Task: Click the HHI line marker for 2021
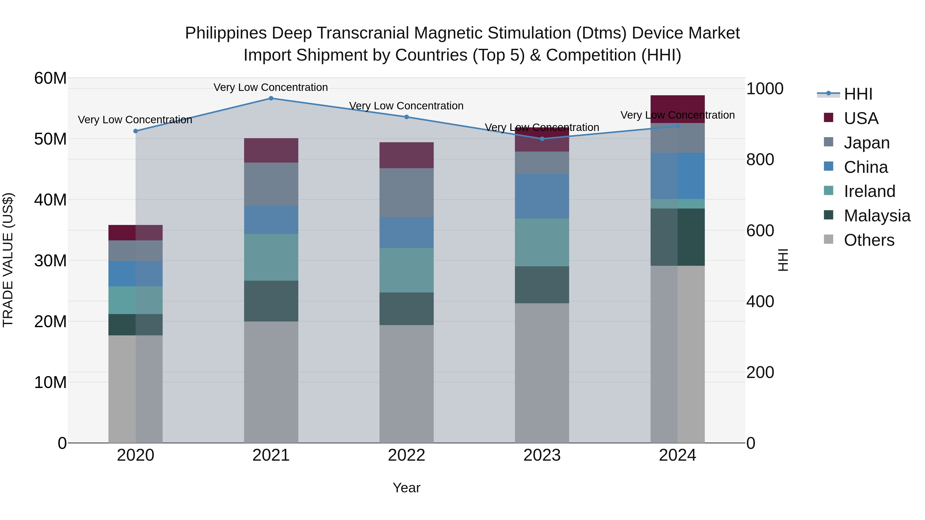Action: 271,98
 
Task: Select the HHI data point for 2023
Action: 542,139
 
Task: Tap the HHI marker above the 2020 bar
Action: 135,131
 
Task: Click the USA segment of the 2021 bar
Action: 271,150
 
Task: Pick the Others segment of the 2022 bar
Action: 406,384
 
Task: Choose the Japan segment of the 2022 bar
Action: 406,192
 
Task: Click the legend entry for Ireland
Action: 869,191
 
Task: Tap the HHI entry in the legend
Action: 858,94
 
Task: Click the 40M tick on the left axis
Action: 50,200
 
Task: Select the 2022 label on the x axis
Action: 406,455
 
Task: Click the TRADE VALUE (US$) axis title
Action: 8,260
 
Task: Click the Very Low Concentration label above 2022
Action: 406,106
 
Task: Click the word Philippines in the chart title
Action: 226,33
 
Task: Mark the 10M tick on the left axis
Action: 50,383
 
